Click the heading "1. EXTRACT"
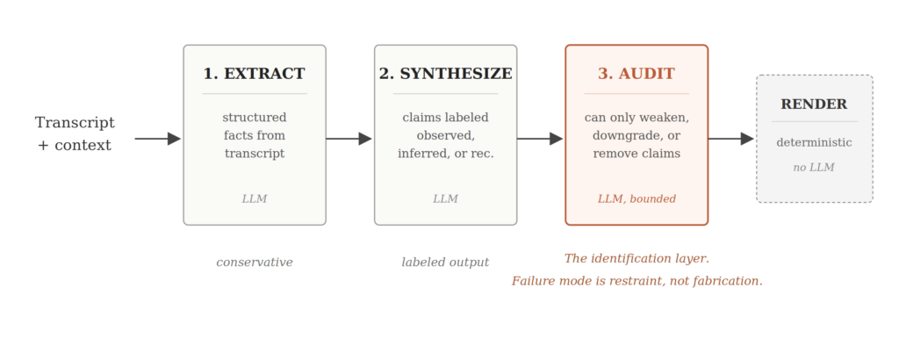tap(254, 74)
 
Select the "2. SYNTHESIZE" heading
tap(445, 74)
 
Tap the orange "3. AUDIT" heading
tap(636, 74)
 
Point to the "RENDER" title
tap(814, 104)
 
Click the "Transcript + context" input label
tap(75, 133)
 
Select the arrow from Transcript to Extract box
tap(158, 139)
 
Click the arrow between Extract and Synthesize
tap(349, 139)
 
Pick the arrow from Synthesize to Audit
tap(540, 139)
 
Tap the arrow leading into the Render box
tap(731, 139)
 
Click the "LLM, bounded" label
tap(636, 199)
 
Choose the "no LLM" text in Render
tap(814, 168)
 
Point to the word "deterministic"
tap(814, 143)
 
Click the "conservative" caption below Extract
tap(255, 262)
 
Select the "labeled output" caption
tap(445, 262)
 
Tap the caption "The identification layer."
tap(637, 258)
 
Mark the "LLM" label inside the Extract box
tap(254, 199)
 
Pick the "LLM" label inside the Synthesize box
tap(445, 199)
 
